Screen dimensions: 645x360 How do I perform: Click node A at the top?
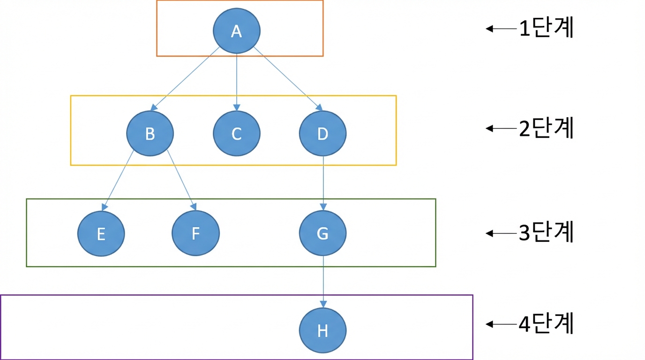click(x=237, y=31)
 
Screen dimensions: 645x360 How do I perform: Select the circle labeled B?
click(x=150, y=133)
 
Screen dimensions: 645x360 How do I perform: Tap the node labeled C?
click(x=237, y=133)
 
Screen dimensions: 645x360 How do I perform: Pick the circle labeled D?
click(x=323, y=133)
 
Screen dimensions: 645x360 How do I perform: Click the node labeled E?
click(x=101, y=233)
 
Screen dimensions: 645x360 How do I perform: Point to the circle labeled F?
click(x=196, y=233)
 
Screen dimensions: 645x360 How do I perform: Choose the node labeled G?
click(x=323, y=233)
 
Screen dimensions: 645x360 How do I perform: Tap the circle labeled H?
click(x=323, y=330)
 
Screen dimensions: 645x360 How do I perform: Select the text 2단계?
click(x=546, y=127)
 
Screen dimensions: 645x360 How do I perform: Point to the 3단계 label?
click(x=546, y=232)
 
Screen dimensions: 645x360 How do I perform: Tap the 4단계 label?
click(x=546, y=323)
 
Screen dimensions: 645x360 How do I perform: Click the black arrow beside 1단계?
click(x=501, y=29)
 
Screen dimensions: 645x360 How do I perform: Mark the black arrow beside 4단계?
click(x=501, y=324)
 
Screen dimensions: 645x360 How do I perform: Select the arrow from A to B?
click(x=185, y=79)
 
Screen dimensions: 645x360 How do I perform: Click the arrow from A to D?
click(x=288, y=79)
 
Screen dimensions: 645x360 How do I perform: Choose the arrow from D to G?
click(x=323, y=183)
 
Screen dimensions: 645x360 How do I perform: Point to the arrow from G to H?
click(x=323, y=282)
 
